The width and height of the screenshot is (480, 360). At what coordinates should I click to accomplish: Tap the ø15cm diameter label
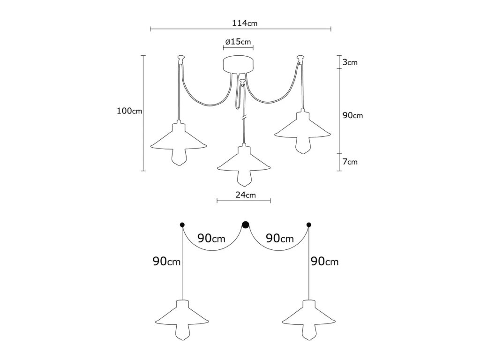point(238,42)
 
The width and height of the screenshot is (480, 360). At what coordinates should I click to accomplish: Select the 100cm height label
point(129,112)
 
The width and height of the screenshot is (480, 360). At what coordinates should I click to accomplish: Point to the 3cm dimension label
point(350,62)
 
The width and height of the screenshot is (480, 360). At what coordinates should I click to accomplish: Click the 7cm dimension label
point(350,162)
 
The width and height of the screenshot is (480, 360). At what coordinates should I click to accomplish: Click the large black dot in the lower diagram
point(245,225)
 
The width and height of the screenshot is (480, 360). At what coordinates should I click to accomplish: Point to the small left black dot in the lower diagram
point(182,225)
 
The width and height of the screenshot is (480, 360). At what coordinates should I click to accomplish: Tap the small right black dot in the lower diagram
point(308,225)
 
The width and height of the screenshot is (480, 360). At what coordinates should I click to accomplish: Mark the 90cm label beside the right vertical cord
point(324,262)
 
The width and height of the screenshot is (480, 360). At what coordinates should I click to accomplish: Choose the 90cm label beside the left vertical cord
point(167,262)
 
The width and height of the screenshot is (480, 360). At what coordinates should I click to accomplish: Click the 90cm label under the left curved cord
point(211,238)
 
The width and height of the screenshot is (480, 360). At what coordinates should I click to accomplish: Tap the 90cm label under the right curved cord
point(280,238)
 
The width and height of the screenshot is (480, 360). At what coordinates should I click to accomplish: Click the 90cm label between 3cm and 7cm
point(352,115)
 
